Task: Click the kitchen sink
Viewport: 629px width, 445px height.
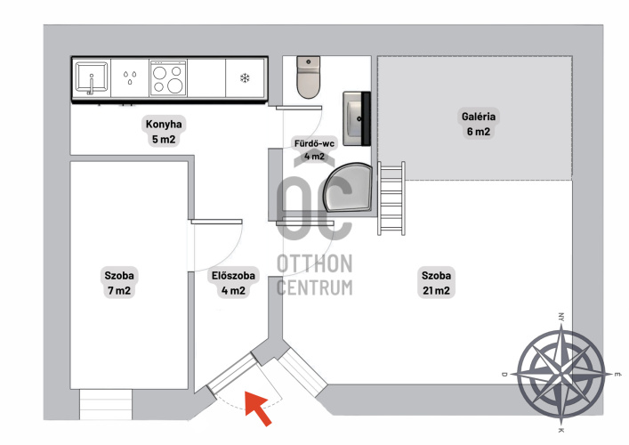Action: pyautogui.click(x=92, y=77)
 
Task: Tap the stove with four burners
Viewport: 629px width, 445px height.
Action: pyautogui.click(x=168, y=77)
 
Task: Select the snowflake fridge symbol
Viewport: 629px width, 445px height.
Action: pyautogui.click(x=245, y=77)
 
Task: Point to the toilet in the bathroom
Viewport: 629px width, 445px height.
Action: pyautogui.click(x=309, y=77)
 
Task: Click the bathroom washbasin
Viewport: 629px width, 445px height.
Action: pyautogui.click(x=357, y=118)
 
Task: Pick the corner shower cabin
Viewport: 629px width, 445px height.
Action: pyautogui.click(x=348, y=187)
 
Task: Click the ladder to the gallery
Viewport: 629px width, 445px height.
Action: pyautogui.click(x=391, y=198)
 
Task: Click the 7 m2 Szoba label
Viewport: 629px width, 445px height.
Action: pyautogui.click(x=119, y=283)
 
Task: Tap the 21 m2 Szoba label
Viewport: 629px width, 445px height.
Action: pyautogui.click(x=436, y=283)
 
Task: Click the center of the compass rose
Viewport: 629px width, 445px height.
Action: pyautogui.click(x=560, y=375)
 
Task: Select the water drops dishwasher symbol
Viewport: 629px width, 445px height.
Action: pyautogui.click(x=130, y=77)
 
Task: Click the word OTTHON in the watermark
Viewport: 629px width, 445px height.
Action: pyautogui.click(x=315, y=263)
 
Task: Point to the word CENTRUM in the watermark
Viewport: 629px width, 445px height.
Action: pyautogui.click(x=315, y=287)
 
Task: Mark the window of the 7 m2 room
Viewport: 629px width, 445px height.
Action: pyautogui.click(x=106, y=404)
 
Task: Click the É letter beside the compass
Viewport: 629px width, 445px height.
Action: pyautogui.click(x=617, y=374)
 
